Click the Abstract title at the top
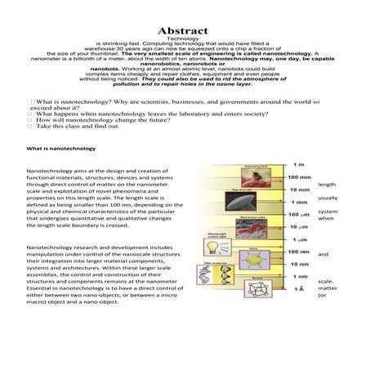click(184, 31)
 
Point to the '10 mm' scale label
click(299, 189)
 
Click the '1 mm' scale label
click(298, 202)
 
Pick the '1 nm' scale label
click(299, 277)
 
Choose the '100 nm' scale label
click(299, 252)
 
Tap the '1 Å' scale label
click(298, 289)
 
